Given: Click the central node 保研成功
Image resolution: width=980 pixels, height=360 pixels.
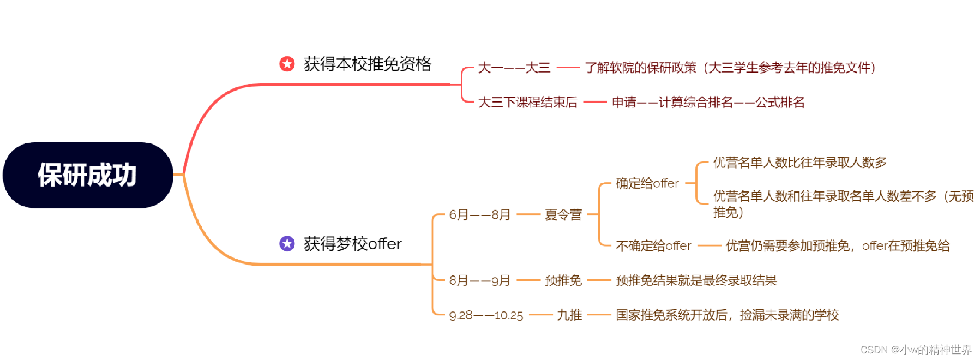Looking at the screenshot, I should pyautogui.click(x=87, y=175).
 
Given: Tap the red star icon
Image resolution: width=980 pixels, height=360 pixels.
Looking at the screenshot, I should pyautogui.click(x=287, y=64).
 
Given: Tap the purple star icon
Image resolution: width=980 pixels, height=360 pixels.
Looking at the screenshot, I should pyautogui.click(x=287, y=243).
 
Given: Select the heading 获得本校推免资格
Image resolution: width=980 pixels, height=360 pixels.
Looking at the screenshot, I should pyautogui.click(x=367, y=64).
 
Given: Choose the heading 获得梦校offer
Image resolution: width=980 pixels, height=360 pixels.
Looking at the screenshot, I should pyautogui.click(x=352, y=243).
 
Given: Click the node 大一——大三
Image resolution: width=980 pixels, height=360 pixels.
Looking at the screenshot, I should pyautogui.click(x=514, y=68).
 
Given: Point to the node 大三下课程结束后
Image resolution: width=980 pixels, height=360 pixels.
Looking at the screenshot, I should pyautogui.click(x=527, y=102).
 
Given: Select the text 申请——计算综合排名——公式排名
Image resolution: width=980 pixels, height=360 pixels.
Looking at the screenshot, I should pyautogui.click(x=708, y=102).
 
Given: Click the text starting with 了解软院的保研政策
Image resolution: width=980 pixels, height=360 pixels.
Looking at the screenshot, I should pyautogui.click(x=730, y=68).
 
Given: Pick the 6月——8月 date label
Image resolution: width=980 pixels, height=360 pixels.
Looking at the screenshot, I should pyautogui.click(x=479, y=215).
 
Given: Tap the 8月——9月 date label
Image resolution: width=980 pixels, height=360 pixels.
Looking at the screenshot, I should pyautogui.click(x=479, y=280).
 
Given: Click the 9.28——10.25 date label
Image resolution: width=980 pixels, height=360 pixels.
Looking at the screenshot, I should pyautogui.click(x=486, y=315).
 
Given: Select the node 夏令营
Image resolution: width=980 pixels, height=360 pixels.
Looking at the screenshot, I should pyautogui.click(x=563, y=215).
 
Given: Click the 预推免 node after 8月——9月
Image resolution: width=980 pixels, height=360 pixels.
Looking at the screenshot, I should pyautogui.click(x=563, y=280).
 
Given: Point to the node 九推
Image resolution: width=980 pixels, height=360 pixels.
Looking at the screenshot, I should pyautogui.click(x=569, y=315).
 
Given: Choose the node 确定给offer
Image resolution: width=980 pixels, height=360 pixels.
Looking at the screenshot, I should pyautogui.click(x=647, y=183).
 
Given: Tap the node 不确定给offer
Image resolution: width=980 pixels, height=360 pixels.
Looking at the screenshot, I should pyautogui.click(x=653, y=246).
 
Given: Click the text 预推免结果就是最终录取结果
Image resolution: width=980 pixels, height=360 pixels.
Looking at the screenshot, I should pyautogui.click(x=696, y=280).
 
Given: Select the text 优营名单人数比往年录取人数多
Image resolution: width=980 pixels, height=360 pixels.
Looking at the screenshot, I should pyautogui.click(x=799, y=163).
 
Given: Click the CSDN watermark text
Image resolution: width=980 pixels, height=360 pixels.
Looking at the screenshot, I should pyautogui.click(x=916, y=350).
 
